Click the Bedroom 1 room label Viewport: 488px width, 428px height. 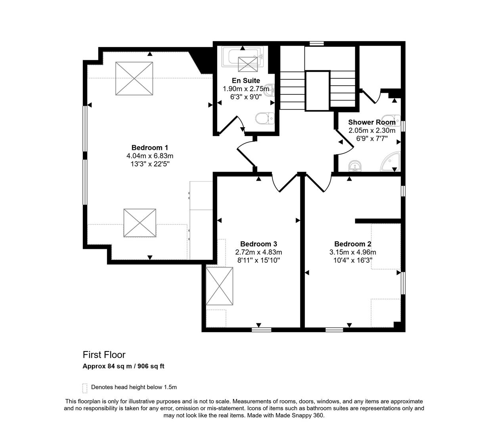[x=150, y=148]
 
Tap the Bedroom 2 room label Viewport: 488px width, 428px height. [x=352, y=244]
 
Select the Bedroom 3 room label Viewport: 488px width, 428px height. [x=258, y=244]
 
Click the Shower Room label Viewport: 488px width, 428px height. [x=371, y=122]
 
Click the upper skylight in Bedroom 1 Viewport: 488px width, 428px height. [x=134, y=78]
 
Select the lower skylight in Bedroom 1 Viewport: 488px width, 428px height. [x=140, y=223]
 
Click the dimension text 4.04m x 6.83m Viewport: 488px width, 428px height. [x=150, y=156]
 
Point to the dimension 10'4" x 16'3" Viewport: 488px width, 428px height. [x=352, y=260]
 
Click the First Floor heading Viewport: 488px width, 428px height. [x=104, y=355]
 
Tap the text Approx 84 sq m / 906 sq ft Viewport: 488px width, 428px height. [x=123, y=366]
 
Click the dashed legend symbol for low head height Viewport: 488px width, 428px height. [x=84, y=388]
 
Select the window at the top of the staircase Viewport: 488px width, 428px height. [x=316, y=44]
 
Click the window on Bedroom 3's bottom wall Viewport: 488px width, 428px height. [x=261, y=329]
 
